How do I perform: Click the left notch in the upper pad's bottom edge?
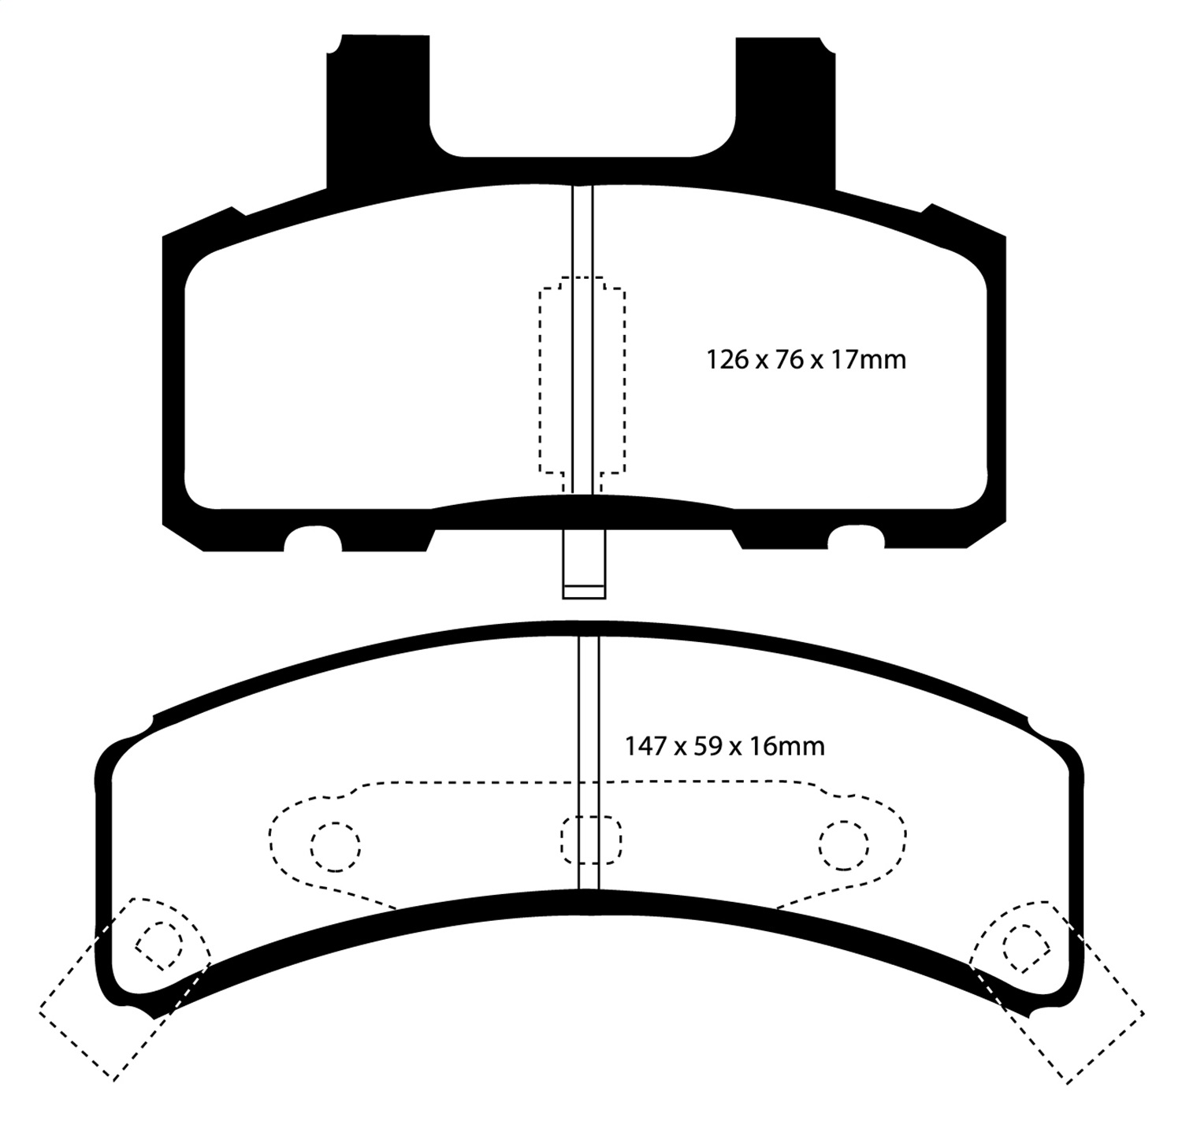coord(312,540)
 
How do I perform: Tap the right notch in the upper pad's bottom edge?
coord(856,540)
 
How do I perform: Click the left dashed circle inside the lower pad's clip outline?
coord(335,847)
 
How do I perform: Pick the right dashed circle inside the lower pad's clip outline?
coord(843,846)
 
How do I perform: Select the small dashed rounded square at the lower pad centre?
coord(591,840)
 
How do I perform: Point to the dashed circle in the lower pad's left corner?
coord(160,945)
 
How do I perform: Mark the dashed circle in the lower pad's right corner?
coord(1025,945)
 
